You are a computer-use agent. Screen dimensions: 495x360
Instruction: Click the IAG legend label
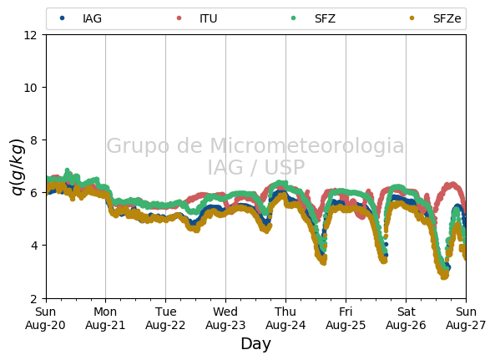click(x=92, y=18)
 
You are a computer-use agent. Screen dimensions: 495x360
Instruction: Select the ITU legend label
click(x=209, y=18)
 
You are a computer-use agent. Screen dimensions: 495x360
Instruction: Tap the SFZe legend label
click(x=447, y=18)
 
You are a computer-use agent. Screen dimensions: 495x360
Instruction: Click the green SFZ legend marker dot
click(x=293, y=18)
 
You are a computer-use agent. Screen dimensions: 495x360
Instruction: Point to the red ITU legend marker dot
click(x=179, y=18)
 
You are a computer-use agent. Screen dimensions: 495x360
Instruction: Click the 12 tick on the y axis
click(x=31, y=35)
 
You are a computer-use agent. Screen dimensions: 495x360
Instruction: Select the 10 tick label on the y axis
click(x=31, y=88)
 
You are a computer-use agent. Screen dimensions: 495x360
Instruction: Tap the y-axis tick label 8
click(x=34, y=139)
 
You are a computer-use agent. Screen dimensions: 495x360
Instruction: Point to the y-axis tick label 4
click(x=34, y=245)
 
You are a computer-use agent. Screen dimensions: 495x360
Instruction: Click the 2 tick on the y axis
click(x=34, y=298)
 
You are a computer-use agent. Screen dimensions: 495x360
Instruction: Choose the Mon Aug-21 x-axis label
click(x=105, y=318)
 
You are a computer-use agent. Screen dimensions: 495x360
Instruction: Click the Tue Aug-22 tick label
click(x=165, y=318)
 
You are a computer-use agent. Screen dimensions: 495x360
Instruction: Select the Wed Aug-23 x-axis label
click(x=225, y=318)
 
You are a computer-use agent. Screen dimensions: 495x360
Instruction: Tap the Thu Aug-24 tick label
click(x=285, y=318)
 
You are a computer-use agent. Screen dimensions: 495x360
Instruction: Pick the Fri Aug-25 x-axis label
click(x=346, y=318)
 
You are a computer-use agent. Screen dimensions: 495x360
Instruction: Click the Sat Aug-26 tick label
click(x=406, y=318)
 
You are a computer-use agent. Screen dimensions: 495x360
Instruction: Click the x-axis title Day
click(x=256, y=344)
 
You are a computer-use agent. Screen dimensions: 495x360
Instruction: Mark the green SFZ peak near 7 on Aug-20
click(x=67, y=170)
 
